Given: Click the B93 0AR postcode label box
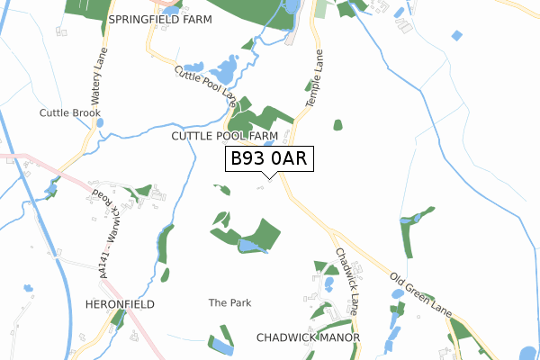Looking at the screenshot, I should pyautogui.click(x=268, y=158).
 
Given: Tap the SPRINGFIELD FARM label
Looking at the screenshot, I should pyautogui.click(x=159, y=18).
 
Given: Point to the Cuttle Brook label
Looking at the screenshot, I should pyautogui.click(x=70, y=112).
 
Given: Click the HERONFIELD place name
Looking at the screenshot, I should pyautogui.click(x=121, y=304).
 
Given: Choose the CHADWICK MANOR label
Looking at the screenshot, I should pyautogui.click(x=308, y=337).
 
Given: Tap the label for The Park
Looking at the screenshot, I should pyautogui.click(x=229, y=303).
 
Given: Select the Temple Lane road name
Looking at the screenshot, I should pyautogui.click(x=314, y=79).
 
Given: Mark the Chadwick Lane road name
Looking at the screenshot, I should pyautogui.click(x=347, y=275).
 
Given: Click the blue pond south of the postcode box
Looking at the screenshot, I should pyautogui.click(x=252, y=245).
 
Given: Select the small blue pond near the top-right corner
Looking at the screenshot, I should pyautogui.click(x=457, y=35).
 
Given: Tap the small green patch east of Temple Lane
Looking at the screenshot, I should pyautogui.click(x=337, y=125).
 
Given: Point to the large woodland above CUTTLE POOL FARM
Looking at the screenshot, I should pyautogui.click(x=261, y=120).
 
